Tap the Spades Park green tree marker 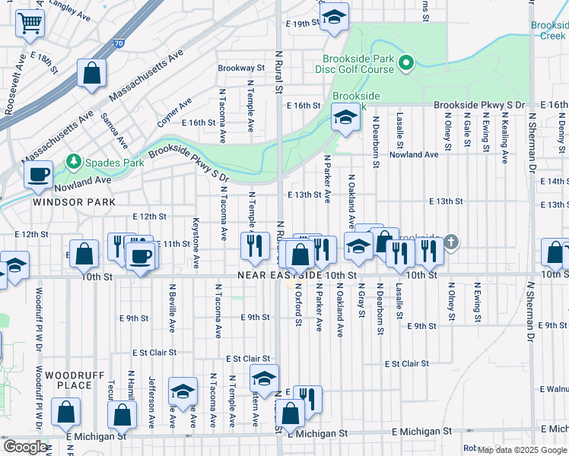coord(74,161)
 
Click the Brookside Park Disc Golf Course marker coord(406,63)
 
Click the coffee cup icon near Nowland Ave coord(37,175)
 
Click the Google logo coord(25,447)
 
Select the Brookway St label coord(240,68)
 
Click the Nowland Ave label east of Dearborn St coord(414,154)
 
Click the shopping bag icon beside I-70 coord(91,74)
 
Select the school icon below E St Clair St coord(264,378)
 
